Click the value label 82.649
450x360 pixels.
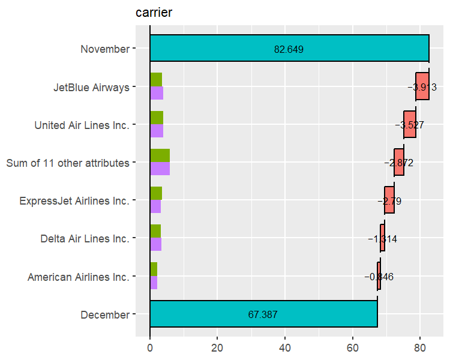pos(289,49)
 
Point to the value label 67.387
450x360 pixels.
pos(263,314)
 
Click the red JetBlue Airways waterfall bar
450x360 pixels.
pos(422,86)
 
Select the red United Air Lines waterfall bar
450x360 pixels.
pos(410,125)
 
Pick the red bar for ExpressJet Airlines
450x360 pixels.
pos(389,200)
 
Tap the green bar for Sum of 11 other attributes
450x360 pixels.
pos(160,155)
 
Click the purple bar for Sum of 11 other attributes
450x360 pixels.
pos(160,169)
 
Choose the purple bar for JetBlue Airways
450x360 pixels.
pos(156,93)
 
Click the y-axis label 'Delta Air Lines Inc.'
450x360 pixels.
pos(85,239)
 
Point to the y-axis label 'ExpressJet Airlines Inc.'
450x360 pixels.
pos(74,201)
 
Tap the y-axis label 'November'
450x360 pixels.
pos(105,49)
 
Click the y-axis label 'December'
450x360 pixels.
pos(104,314)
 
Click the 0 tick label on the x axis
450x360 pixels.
pos(150,346)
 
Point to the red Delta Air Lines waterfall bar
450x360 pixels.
pos(382,238)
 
